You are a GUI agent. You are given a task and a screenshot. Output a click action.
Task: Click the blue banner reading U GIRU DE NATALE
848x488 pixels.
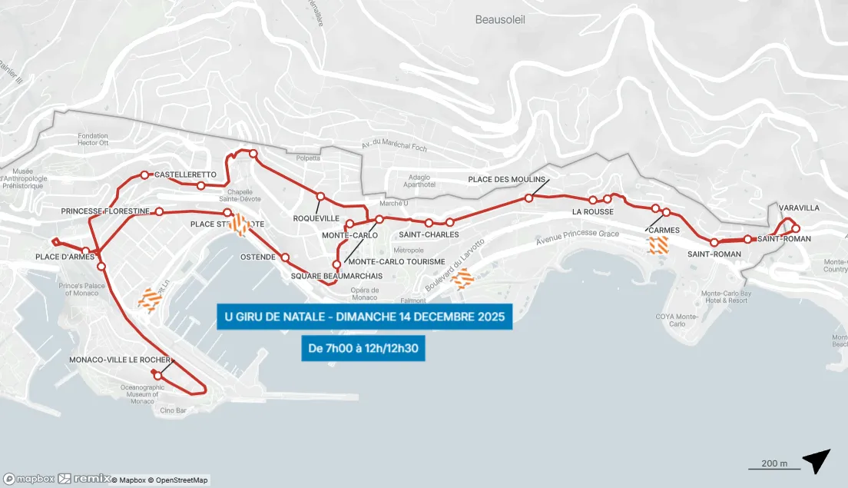pos(363,317)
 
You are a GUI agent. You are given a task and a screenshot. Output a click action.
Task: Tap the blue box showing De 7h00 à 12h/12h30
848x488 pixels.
pos(363,348)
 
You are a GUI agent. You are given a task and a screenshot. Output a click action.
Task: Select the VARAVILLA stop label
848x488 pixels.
pos(799,208)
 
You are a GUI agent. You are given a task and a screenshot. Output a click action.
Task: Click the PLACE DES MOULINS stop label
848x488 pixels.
pos(506,180)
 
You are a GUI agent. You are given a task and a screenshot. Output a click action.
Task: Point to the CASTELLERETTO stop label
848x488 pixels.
pos(185,175)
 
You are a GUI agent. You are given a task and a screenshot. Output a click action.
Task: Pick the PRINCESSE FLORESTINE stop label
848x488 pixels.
pos(105,211)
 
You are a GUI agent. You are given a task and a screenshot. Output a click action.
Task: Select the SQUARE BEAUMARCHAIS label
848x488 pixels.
pos(336,276)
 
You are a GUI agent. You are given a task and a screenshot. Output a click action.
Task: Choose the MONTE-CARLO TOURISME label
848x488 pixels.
pos(396,262)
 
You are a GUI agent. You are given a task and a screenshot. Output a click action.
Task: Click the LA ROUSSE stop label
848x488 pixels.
pos(592,212)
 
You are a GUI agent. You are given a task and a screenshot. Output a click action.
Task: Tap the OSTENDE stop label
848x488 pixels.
pos(258,257)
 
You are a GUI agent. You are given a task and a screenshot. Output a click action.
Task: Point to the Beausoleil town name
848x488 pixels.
pos(499,20)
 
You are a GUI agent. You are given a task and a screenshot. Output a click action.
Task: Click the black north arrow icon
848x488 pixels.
pos(817,460)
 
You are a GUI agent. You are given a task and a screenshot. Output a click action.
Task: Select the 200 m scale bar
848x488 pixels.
pos(774,465)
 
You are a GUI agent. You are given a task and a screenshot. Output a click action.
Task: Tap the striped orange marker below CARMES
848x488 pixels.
pos(658,245)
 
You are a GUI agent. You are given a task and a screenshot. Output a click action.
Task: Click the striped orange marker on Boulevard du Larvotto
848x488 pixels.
pos(462,279)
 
